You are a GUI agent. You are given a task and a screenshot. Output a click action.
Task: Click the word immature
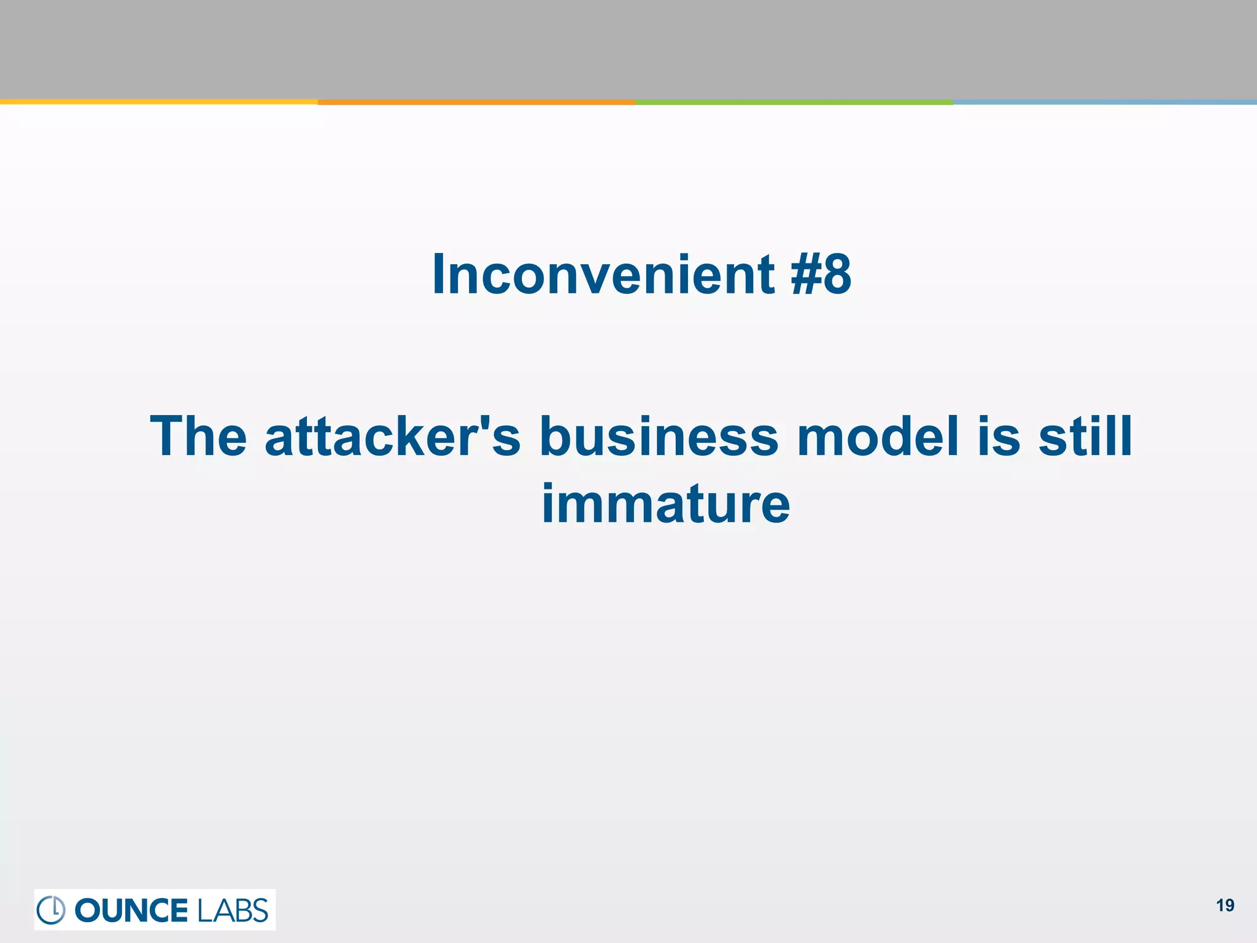click(x=665, y=504)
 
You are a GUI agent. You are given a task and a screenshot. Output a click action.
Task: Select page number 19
click(x=1225, y=906)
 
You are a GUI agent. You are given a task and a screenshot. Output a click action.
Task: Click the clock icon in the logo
click(x=51, y=910)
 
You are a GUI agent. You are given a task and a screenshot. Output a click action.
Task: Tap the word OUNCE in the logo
click(x=131, y=910)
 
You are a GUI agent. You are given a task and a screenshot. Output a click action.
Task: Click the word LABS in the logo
click(x=233, y=910)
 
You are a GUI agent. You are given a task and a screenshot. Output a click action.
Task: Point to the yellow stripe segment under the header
click(x=158, y=102)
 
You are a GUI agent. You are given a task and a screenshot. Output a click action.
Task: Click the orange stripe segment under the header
click(x=476, y=102)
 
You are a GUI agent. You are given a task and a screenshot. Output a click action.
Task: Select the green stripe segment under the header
click(x=794, y=102)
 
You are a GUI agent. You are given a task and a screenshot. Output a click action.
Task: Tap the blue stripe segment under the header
click(x=1105, y=102)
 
